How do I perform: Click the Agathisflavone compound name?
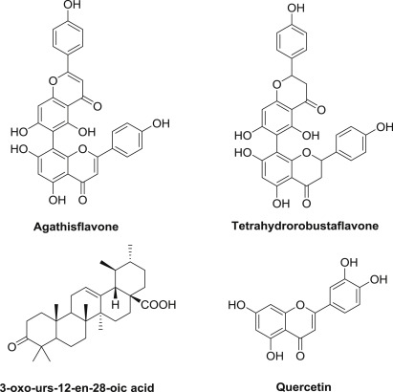(x=76, y=227)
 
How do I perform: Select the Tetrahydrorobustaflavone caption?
(x=305, y=226)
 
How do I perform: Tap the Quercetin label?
(x=303, y=387)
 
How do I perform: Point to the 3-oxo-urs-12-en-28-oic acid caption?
(x=77, y=387)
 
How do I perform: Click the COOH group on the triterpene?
(x=159, y=304)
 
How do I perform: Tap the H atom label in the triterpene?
(x=116, y=304)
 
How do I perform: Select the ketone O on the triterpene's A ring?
(x=11, y=346)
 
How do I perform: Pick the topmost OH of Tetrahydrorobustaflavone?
(x=295, y=8)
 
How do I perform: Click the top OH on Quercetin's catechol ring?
(x=349, y=263)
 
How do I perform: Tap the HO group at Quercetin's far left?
(x=237, y=305)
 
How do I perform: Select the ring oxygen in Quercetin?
(x=299, y=305)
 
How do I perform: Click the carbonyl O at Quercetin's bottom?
(x=300, y=355)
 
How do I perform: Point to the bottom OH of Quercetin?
(x=274, y=356)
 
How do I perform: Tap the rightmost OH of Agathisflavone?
(x=162, y=123)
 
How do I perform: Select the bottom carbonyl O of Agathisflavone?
(x=82, y=200)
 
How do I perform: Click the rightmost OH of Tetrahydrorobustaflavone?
(x=384, y=127)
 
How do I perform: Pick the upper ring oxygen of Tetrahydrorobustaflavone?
(x=277, y=84)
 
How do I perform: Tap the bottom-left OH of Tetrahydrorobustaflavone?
(x=281, y=203)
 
